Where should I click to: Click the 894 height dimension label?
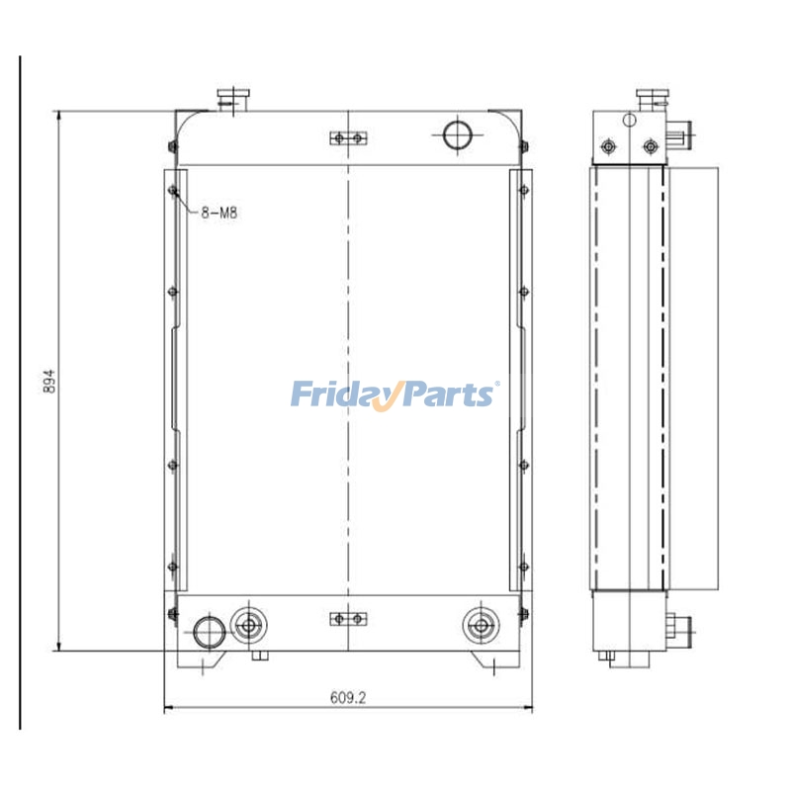point(48,382)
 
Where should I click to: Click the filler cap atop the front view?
point(235,98)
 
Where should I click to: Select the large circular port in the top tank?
point(457,134)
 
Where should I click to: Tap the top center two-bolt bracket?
point(348,137)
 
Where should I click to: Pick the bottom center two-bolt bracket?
point(348,619)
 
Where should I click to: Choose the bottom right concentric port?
point(481,624)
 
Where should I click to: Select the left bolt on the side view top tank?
point(608,147)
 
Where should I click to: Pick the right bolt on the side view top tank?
point(650,147)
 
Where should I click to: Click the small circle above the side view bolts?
point(629,120)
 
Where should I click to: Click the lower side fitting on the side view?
point(680,626)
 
